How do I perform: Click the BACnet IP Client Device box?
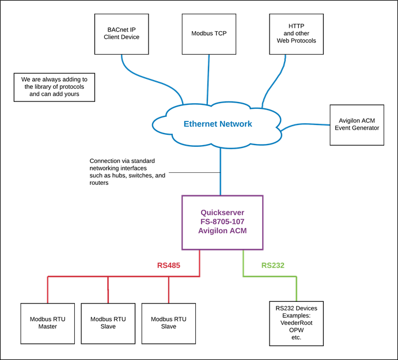point(122,34)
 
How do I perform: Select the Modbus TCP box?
point(209,34)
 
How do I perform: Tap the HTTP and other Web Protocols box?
point(296,34)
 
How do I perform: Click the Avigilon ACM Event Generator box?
point(357,124)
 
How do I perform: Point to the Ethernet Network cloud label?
point(218,124)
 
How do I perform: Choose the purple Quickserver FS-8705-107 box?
point(222,222)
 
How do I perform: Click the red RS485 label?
point(169,266)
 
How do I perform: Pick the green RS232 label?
point(272,266)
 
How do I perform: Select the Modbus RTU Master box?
point(47,323)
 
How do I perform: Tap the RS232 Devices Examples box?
point(296,323)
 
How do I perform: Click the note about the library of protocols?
point(54,87)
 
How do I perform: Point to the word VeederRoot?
point(296,323)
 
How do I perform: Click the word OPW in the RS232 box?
point(296,331)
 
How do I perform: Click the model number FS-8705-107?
point(222,222)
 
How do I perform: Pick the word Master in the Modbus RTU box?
point(47,327)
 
